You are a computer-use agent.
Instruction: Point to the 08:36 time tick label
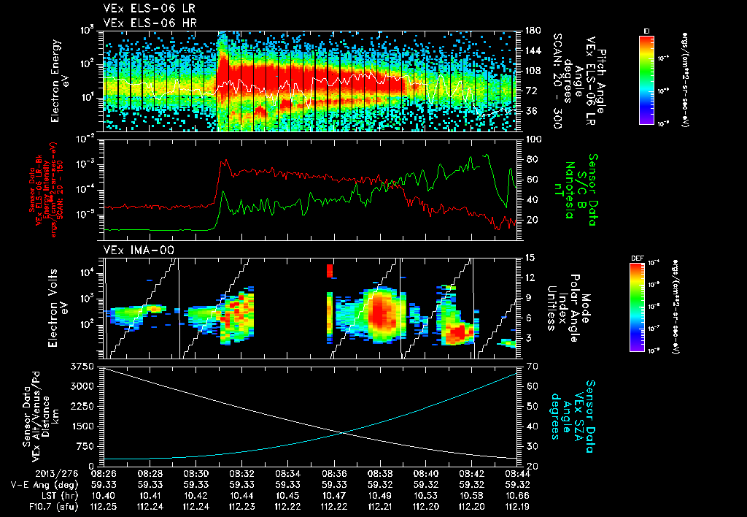pos(334,473)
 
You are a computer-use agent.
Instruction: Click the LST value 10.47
pos(334,496)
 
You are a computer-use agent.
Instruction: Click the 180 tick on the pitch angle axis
pos(530,30)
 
